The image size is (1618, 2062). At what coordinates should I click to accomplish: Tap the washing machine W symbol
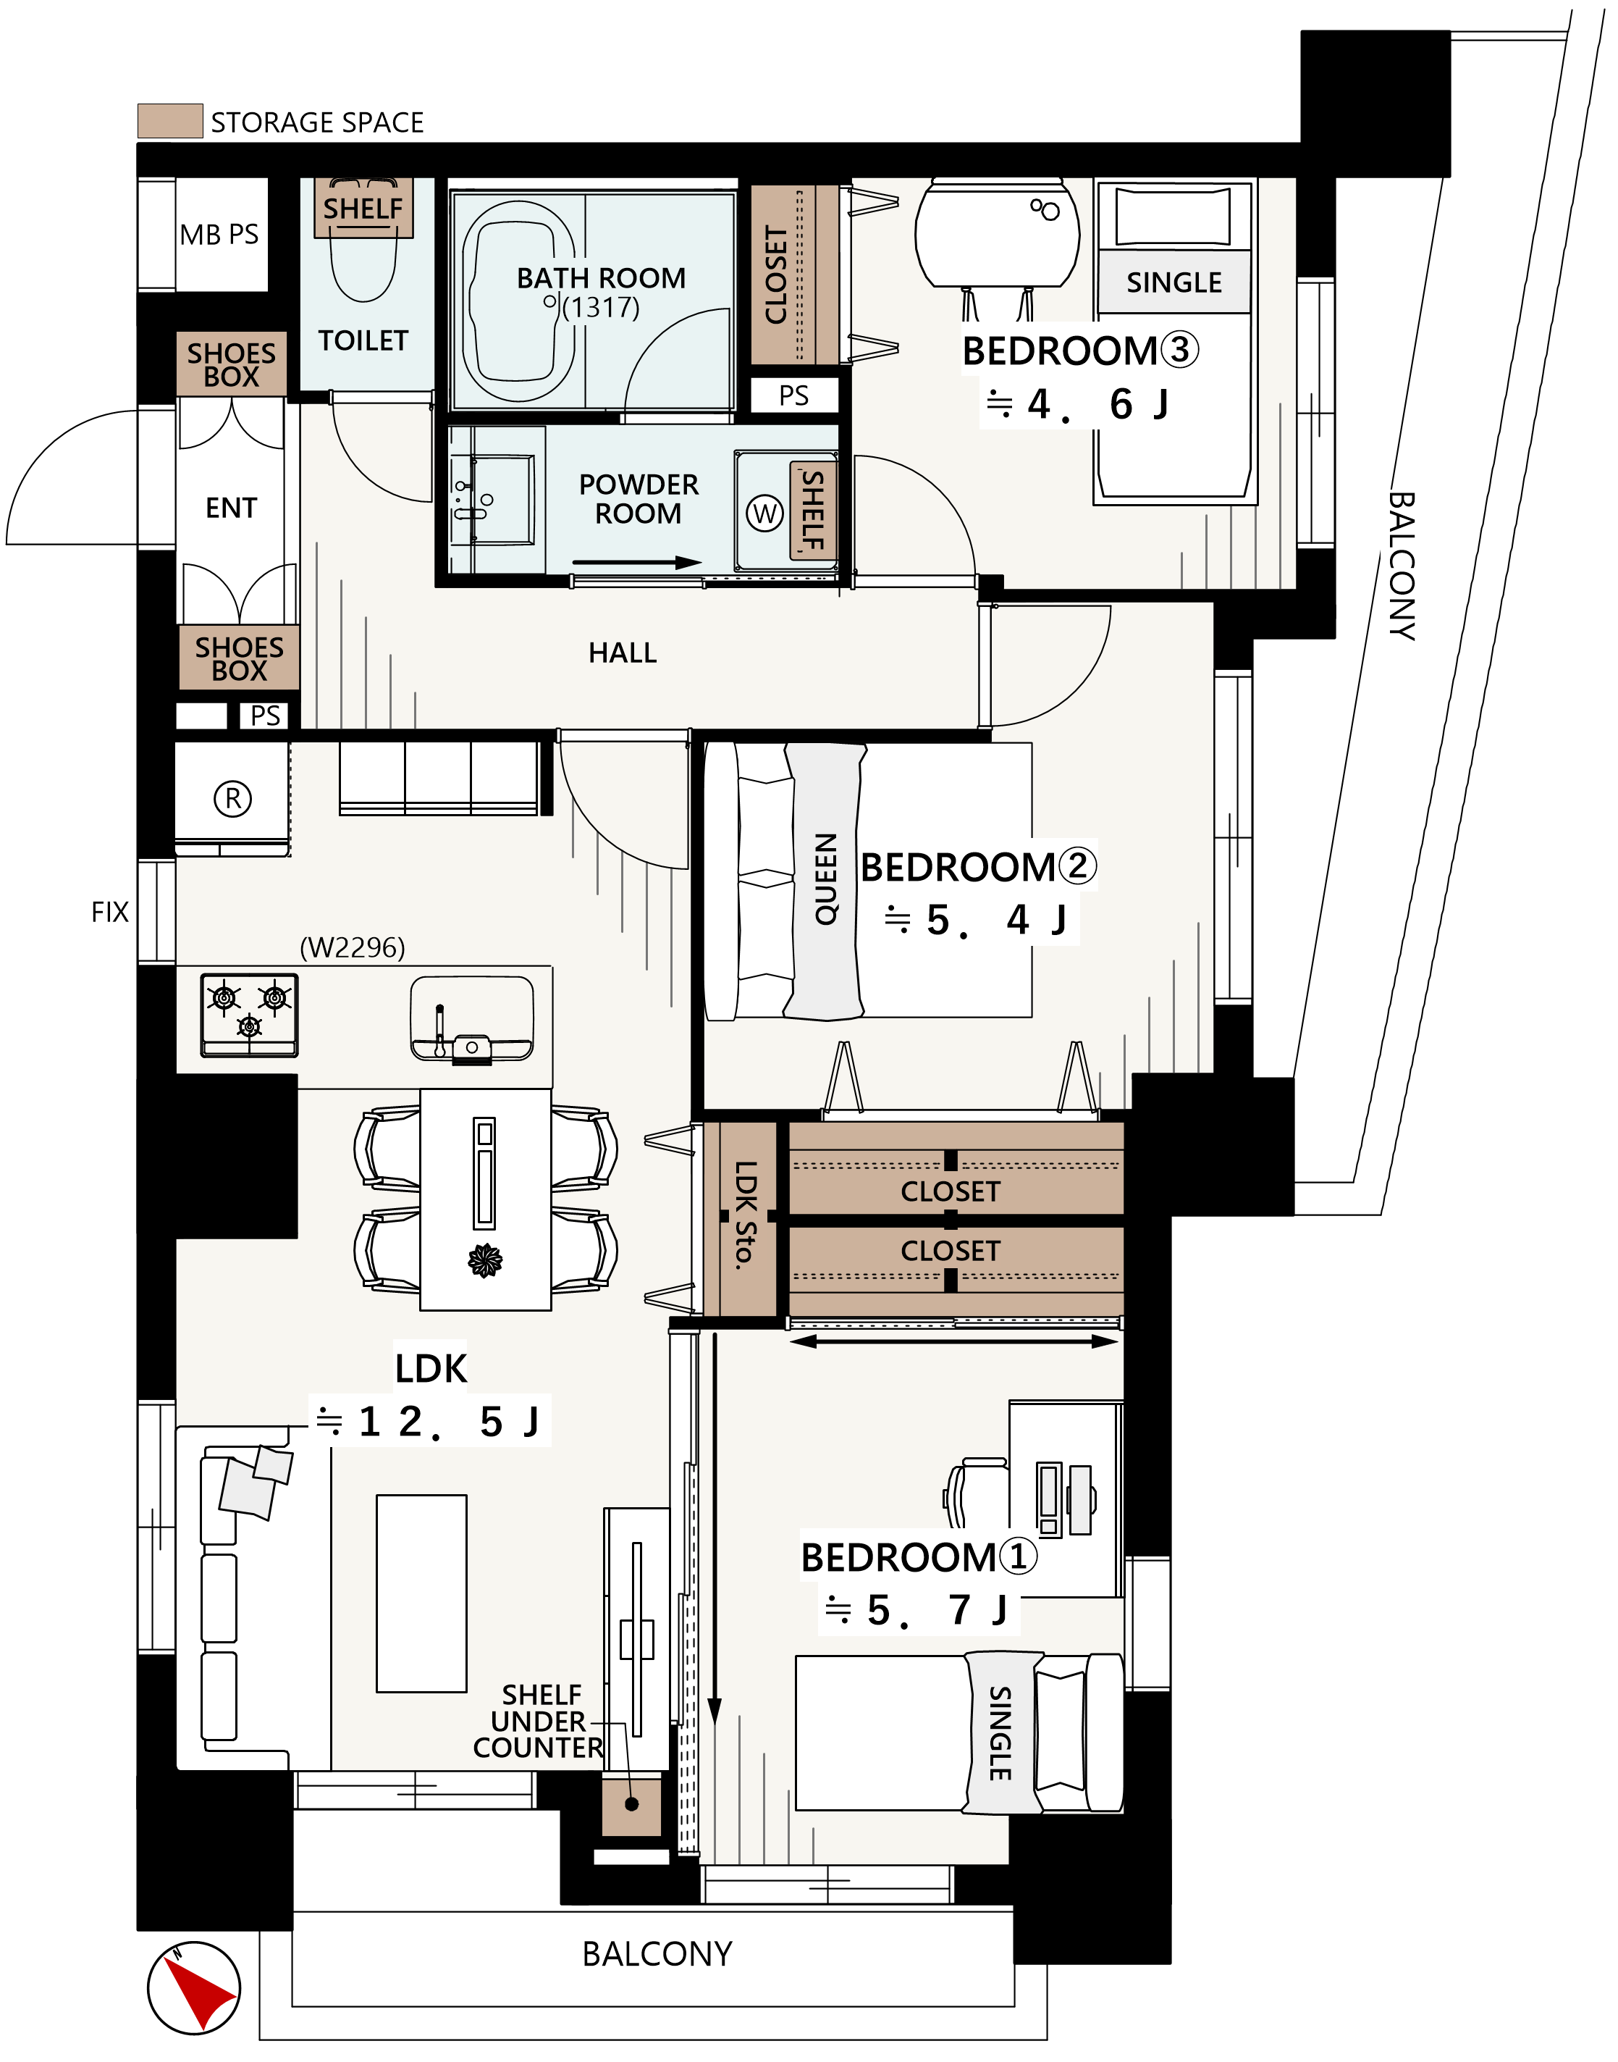click(x=764, y=514)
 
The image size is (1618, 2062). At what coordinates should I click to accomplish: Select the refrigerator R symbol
click(x=233, y=799)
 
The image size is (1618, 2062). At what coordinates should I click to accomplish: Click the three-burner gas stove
click(x=249, y=1015)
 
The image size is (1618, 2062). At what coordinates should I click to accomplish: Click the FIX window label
click(x=110, y=912)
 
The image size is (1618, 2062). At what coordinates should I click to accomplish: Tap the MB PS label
click(x=219, y=234)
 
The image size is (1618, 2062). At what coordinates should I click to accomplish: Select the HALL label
click(x=623, y=653)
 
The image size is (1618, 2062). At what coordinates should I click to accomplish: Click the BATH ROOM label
click(x=601, y=277)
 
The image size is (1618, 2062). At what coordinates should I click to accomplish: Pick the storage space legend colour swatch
click(x=171, y=121)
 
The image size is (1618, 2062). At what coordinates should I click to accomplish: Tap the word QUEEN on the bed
click(x=826, y=879)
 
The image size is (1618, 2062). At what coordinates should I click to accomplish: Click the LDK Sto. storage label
click(x=746, y=1214)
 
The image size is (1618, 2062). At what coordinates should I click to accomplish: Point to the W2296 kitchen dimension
click(x=353, y=947)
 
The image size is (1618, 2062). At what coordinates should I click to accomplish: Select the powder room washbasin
click(x=492, y=500)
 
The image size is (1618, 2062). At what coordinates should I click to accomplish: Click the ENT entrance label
click(x=231, y=508)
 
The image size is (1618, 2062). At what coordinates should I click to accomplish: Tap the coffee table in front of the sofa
click(x=421, y=1594)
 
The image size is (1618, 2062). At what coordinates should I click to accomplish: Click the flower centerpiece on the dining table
click(x=485, y=1260)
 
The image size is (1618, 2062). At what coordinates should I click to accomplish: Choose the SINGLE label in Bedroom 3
click(x=1174, y=282)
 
